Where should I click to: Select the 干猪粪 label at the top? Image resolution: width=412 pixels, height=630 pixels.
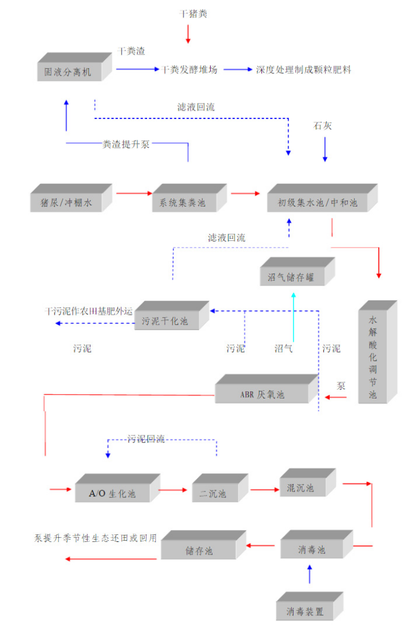click(x=193, y=13)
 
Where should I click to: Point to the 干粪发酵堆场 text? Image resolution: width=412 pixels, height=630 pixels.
click(x=189, y=70)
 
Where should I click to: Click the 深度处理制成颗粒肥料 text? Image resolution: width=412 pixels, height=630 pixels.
click(x=304, y=70)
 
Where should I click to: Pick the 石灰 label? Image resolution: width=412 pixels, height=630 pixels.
click(x=324, y=126)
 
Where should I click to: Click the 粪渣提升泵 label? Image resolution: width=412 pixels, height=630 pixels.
click(x=126, y=144)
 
